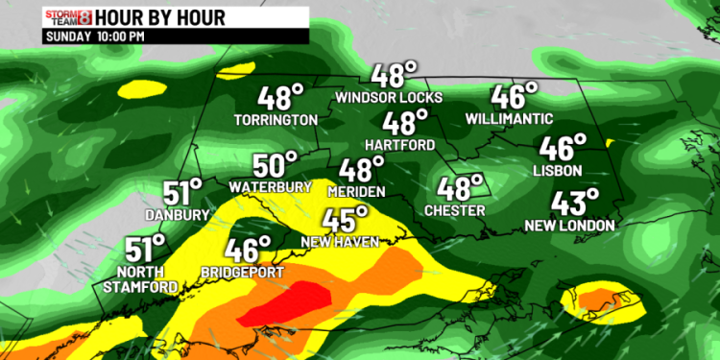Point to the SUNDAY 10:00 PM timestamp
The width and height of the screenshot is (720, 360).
click(x=95, y=36)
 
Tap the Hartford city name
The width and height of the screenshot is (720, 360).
click(x=402, y=145)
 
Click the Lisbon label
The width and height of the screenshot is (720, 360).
click(x=558, y=171)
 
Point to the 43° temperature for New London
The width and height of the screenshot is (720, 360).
click(x=574, y=203)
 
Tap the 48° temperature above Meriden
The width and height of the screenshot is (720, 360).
click(x=361, y=170)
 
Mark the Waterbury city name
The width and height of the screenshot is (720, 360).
click(x=270, y=185)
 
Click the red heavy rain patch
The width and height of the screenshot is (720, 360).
click(x=288, y=305)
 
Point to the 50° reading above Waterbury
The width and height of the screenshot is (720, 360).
click(x=276, y=164)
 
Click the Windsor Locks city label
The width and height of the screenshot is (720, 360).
click(x=389, y=97)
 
